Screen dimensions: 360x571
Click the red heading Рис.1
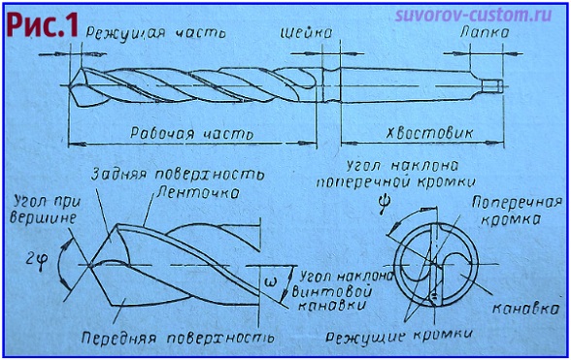tap(41, 26)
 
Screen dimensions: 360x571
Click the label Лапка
tap(482, 32)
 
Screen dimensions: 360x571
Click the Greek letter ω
tap(270, 282)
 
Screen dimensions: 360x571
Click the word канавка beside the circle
tap(526, 311)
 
